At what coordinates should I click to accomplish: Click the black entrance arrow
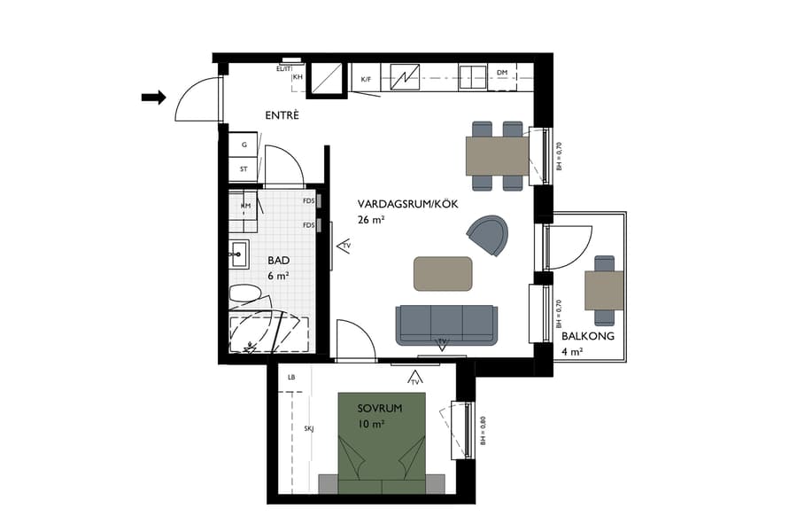tap(154, 98)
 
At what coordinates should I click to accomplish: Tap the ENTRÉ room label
tap(283, 116)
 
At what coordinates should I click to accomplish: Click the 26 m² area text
tap(371, 219)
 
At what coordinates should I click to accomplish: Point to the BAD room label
tap(279, 261)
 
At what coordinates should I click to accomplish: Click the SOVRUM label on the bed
tap(380, 409)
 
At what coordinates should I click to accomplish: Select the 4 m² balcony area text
tap(572, 352)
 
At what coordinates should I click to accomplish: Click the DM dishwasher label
tap(502, 74)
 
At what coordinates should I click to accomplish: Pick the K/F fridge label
tap(366, 80)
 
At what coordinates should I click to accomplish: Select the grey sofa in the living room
tap(445, 325)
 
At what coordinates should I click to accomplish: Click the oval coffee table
tap(443, 273)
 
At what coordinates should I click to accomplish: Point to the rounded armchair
tap(489, 235)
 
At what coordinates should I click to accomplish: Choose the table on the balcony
tap(604, 290)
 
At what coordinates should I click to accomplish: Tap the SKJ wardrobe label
tap(309, 429)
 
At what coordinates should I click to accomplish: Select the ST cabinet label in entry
tap(244, 168)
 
